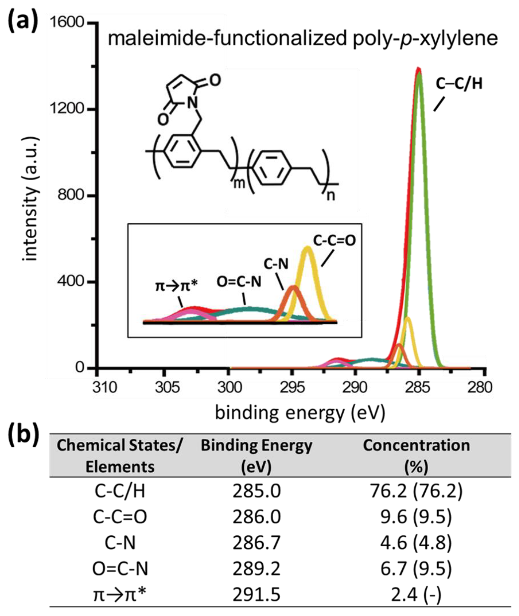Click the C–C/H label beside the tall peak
(x=459, y=84)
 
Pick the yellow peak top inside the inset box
(x=307, y=247)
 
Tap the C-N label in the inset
(x=276, y=264)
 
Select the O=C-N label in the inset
(x=239, y=282)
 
